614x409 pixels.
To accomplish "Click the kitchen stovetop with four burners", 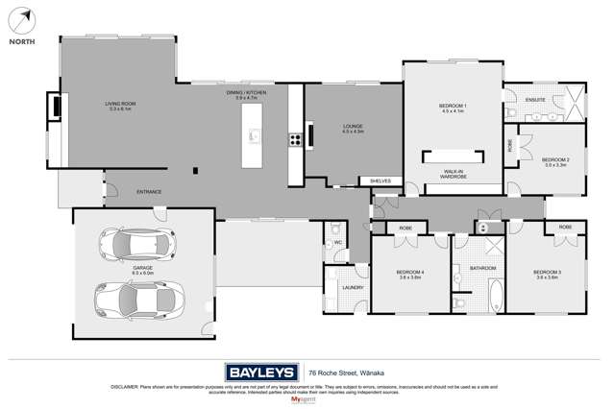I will point(295,138).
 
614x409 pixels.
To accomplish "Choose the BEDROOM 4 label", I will point(410,273).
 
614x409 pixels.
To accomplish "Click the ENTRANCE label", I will point(149,192).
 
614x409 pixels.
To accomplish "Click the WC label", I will point(337,243).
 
